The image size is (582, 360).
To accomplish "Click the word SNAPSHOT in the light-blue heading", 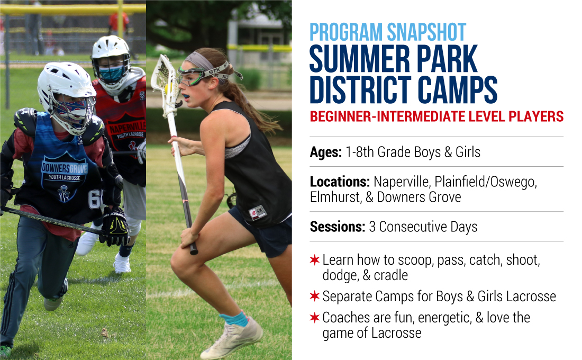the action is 426,32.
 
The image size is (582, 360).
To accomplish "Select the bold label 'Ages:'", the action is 326,152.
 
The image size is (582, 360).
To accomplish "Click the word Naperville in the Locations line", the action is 401,182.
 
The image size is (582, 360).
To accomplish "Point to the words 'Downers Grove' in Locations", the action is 419,197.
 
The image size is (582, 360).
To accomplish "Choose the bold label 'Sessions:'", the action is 338,227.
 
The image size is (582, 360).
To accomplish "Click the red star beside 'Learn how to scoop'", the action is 315,260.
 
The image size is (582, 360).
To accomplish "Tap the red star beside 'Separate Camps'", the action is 315,296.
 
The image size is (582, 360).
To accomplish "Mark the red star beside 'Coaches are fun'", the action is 315,317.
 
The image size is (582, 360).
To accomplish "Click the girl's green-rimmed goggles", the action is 192,76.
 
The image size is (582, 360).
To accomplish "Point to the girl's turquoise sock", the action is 234,319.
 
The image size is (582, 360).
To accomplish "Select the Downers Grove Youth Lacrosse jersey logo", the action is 64,178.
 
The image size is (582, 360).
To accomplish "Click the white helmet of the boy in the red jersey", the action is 111,61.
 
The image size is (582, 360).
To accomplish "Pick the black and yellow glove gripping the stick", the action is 115,227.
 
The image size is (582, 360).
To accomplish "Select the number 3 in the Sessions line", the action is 372,227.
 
